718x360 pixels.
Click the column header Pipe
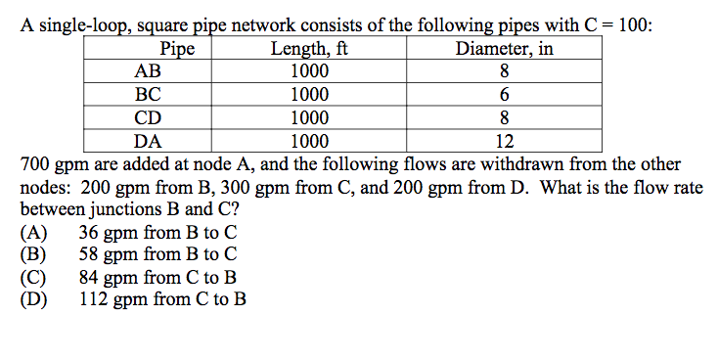176,49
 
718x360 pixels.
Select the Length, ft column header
310,49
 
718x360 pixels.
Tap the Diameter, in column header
505,49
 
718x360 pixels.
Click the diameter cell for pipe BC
505,95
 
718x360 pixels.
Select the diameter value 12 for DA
505,140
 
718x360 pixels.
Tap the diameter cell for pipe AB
505,71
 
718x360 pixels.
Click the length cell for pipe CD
310,117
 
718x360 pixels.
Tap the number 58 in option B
89,255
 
